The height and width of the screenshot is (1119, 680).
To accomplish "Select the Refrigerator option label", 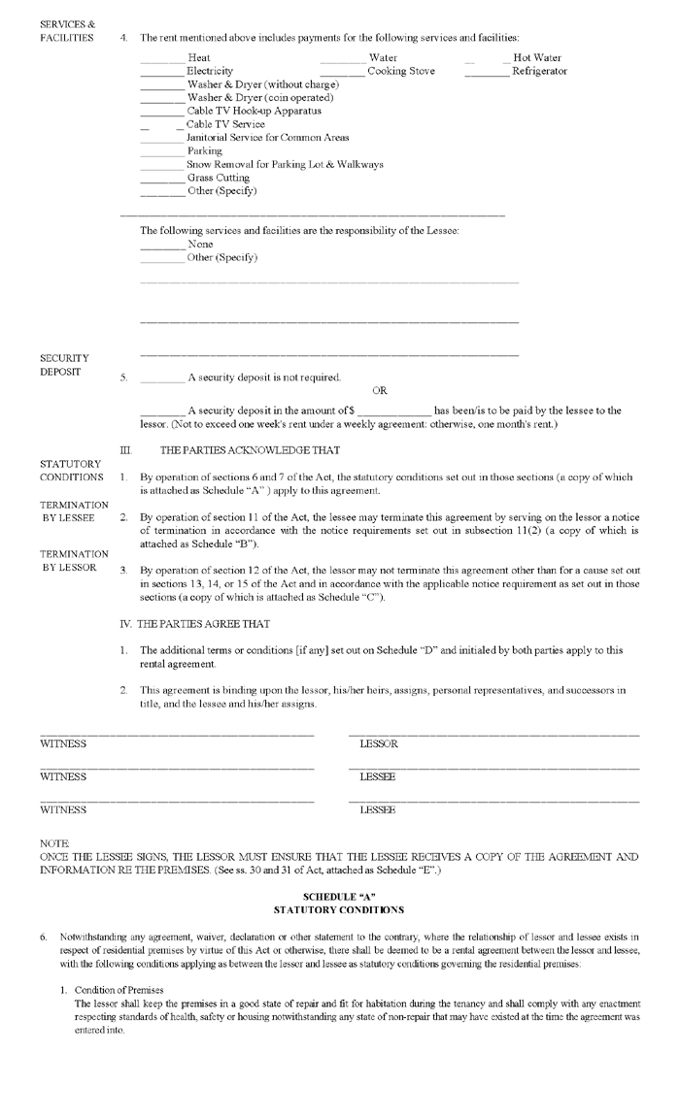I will pos(539,71).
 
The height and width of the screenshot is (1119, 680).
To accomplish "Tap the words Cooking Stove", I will pos(400,71).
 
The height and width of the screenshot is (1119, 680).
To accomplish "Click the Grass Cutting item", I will pos(218,178).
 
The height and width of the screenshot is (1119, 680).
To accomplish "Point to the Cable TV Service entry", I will pos(225,124).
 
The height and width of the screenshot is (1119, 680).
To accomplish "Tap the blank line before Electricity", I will pos(161,75).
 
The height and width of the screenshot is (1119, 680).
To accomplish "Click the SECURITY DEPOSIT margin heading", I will pos(64,365).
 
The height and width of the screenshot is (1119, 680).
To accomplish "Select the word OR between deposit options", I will pos(380,391).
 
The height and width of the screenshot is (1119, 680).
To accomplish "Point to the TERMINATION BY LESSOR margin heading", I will pos(74,560).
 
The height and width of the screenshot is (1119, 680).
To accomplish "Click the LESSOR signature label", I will pos(379,744).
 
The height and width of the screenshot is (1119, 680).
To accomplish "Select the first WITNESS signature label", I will pos(63,744).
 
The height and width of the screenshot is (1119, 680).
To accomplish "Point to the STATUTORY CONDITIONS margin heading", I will pos(70,470).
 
